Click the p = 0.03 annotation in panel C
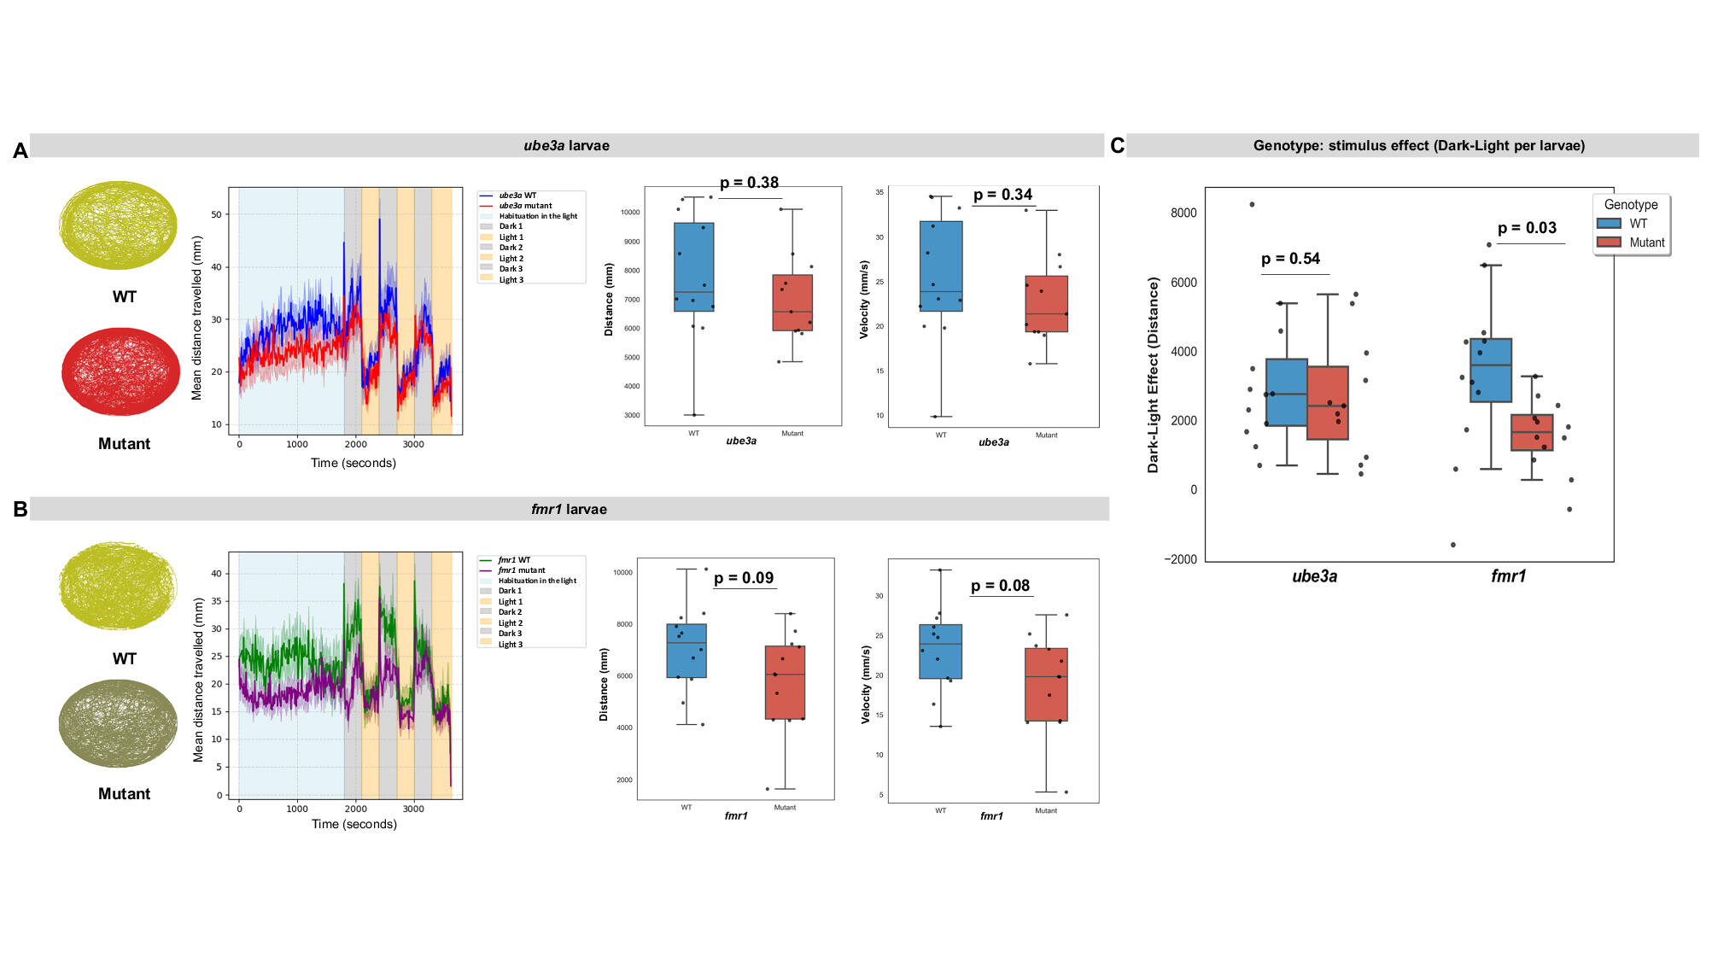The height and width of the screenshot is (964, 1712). coord(1527,228)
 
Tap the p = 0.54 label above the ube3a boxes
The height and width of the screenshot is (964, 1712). coord(1290,259)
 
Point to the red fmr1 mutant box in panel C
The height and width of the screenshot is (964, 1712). coord(1532,433)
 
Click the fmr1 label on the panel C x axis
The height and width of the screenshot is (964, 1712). coord(1508,576)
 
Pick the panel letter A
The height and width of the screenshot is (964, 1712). coord(20,151)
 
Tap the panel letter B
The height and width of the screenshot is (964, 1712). coord(20,510)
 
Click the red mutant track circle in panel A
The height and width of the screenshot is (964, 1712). coord(120,372)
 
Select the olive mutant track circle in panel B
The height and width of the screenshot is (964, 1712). coord(119,724)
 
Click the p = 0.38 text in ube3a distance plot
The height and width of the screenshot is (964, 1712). coord(749,183)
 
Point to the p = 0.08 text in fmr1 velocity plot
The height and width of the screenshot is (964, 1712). coord(1000,586)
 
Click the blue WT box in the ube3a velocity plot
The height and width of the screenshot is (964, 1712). coord(941,266)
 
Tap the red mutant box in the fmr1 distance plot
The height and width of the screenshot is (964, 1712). coord(785,682)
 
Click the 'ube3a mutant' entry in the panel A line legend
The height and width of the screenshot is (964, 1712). coord(524,206)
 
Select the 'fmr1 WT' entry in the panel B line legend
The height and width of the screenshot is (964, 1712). coord(513,560)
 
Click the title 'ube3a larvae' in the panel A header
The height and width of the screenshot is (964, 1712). coord(566,146)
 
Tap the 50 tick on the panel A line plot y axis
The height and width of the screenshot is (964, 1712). coord(216,214)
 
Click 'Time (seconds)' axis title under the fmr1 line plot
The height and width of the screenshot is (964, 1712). coord(354,824)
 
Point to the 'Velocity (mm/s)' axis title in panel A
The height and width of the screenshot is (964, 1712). coord(864,300)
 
